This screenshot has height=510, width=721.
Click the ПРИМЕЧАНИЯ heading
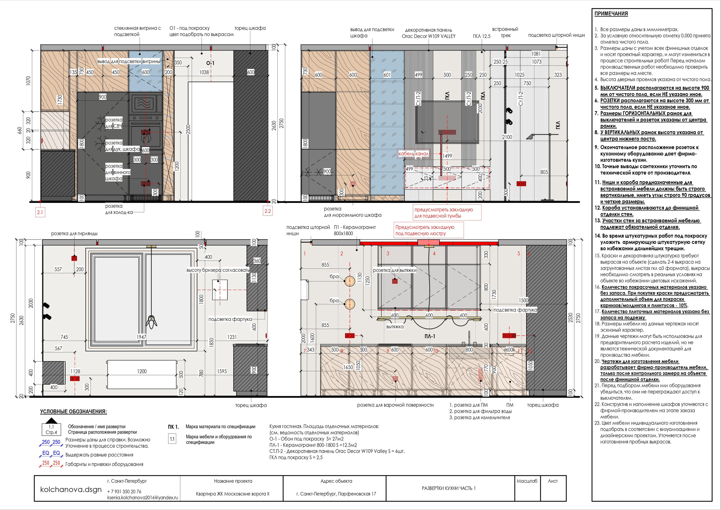tap(611, 14)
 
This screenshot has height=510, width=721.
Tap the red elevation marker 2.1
tap(40, 212)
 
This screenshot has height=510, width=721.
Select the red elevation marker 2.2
tap(268, 211)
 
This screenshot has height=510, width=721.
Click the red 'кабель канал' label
tap(413, 154)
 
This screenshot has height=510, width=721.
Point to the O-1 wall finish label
tap(210, 63)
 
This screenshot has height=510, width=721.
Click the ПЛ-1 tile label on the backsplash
tap(430, 336)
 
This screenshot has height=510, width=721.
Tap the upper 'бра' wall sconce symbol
tap(350, 281)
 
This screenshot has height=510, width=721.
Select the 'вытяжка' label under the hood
tap(395, 327)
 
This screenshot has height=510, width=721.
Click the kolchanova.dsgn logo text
tap(71, 489)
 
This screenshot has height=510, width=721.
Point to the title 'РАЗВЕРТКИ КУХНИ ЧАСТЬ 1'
tap(449, 488)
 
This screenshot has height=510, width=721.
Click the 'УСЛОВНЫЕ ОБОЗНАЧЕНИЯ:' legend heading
tap(74, 412)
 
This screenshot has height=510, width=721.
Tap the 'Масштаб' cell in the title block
tap(527, 481)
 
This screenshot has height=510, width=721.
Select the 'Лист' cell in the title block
tap(553, 481)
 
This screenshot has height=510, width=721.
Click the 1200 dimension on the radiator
tap(142, 371)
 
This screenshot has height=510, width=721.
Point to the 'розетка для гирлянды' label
tap(74, 234)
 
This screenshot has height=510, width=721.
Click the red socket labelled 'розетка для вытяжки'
tap(395, 281)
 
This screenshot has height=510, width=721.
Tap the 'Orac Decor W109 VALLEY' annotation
tap(429, 36)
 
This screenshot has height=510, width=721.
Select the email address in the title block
tap(143, 497)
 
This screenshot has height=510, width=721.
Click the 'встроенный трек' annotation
tap(505, 32)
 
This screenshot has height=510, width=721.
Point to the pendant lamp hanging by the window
tap(152, 321)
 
